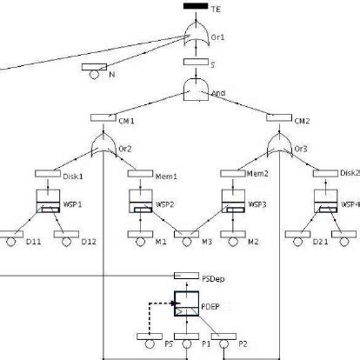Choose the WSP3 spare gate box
tap(229, 201)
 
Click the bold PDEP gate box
tap(185, 305)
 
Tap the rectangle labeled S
tap(194, 63)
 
